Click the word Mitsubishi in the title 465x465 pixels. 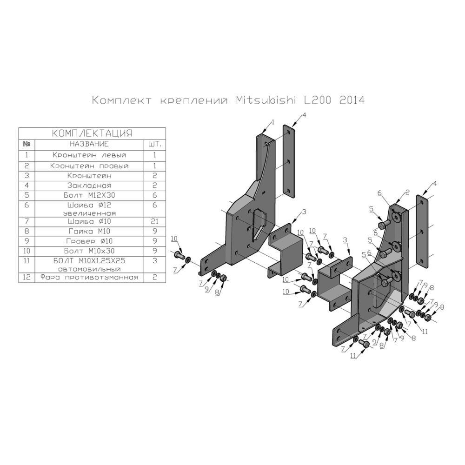267,100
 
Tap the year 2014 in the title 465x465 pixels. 352,100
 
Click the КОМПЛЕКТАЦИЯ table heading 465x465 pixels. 92,133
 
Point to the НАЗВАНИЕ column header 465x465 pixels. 89,144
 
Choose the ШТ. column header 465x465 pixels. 154,144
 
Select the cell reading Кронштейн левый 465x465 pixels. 89,155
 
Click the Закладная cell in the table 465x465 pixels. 89,186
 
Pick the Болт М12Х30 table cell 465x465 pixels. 89,196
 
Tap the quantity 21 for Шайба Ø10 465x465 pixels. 154,221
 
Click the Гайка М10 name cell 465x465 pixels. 89,231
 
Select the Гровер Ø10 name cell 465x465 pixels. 89,241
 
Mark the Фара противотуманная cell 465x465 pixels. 89,277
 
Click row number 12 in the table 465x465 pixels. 27,277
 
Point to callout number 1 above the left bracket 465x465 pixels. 273,122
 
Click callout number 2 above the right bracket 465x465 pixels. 407,192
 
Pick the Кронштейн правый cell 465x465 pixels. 89,166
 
